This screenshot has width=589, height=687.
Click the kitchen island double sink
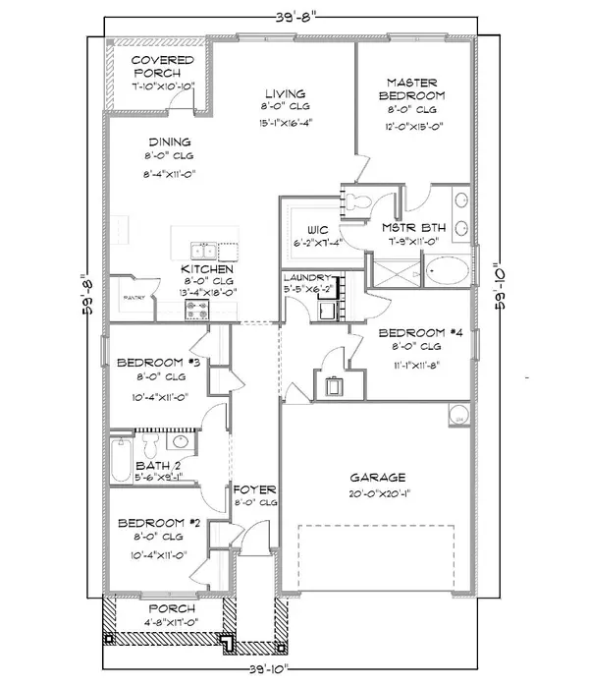pos(205,249)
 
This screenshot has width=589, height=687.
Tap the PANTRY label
pos(134,295)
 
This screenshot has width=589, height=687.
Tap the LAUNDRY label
pos(309,278)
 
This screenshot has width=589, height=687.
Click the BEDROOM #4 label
pos(418,333)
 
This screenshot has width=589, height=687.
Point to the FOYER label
pos(254,488)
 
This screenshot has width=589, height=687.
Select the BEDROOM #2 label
pos(158,523)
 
